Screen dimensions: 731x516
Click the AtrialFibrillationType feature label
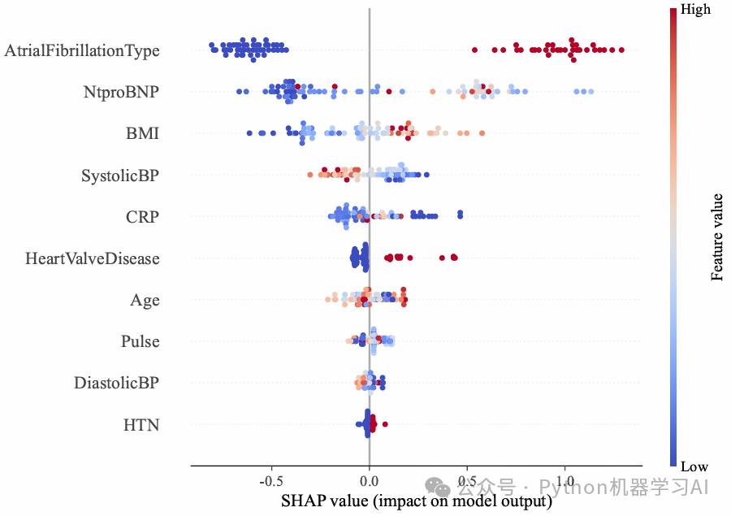pos(82,50)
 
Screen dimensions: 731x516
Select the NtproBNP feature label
pos(121,92)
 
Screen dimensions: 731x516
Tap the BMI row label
pos(143,133)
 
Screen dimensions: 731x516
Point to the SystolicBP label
pos(120,176)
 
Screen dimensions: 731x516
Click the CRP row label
pos(143,217)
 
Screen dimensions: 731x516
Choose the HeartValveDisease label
pos(93,258)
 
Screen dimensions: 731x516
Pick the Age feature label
pos(145,301)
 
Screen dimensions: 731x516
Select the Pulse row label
pos(141,341)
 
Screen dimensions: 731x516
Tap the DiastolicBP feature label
pos(116,383)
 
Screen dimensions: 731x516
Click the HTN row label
pos(141,425)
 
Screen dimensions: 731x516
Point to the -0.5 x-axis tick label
pos(270,481)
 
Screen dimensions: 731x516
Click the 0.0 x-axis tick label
pos(370,481)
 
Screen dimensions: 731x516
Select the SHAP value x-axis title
pos(417,501)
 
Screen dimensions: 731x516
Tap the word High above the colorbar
pos(695,9)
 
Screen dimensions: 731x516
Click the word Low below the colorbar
pos(694,466)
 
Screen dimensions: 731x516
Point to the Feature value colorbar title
pos(716,237)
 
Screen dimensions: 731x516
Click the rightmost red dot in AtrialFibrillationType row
pos(621,50)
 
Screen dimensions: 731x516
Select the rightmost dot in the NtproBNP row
pos(591,92)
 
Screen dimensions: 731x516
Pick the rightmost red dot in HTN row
pos(385,424)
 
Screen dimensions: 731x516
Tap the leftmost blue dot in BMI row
pos(249,133)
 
